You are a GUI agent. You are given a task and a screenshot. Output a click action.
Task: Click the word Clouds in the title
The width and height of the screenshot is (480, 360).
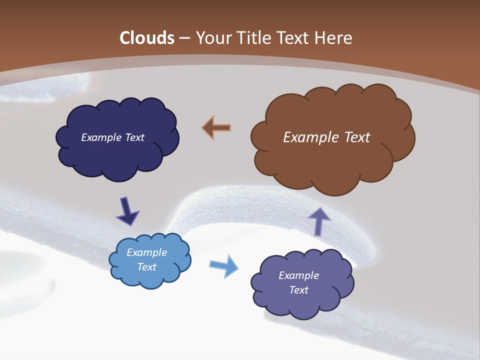click(x=147, y=38)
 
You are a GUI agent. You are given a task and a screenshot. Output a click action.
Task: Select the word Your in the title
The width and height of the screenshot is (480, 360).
click(x=213, y=38)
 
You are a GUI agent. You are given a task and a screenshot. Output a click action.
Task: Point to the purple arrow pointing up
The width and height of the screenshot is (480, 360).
click(x=318, y=221)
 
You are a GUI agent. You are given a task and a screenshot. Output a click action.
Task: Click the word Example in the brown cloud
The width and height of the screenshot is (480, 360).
click(x=310, y=137)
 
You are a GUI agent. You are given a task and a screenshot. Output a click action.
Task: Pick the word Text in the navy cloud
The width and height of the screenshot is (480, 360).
click(x=134, y=137)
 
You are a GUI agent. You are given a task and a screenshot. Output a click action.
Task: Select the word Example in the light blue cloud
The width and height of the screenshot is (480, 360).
click(x=147, y=252)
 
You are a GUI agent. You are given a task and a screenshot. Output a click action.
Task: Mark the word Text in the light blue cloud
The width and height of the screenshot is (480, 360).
click(x=147, y=267)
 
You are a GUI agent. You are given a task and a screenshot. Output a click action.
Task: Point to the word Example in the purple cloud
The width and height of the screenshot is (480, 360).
click(x=299, y=275)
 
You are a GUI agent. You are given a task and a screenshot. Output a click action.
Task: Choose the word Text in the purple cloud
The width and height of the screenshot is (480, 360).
click(x=299, y=290)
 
